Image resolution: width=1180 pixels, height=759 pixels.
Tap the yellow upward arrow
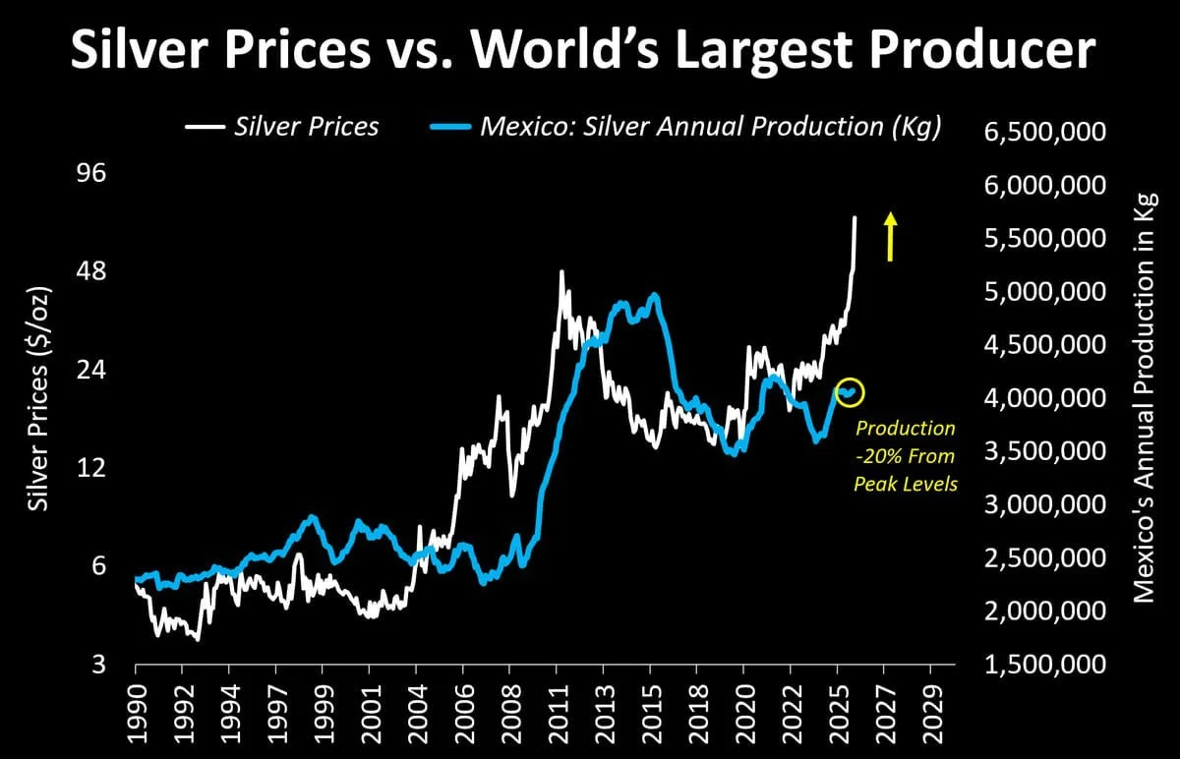click(890, 237)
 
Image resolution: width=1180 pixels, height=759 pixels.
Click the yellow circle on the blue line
click(849, 392)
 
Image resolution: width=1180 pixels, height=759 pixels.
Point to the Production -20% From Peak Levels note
click(905, 456)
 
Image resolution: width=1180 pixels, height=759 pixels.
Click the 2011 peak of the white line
click(561, 272)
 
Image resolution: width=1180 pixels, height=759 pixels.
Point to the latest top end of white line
click(855, 217)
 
